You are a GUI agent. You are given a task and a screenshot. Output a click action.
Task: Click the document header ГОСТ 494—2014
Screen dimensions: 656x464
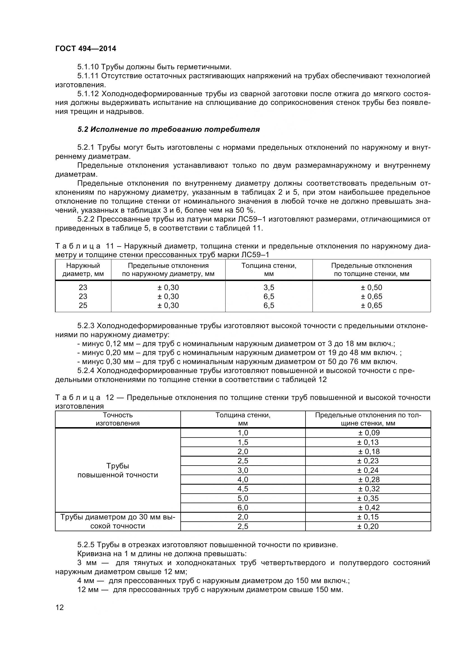(86, 49)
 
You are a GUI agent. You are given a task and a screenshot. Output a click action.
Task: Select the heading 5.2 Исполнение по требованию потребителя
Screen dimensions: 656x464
(169, 129)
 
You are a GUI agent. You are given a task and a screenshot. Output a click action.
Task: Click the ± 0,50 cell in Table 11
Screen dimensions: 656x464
(371, 287)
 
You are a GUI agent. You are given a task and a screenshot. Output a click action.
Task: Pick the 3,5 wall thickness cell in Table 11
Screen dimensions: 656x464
(268, 287)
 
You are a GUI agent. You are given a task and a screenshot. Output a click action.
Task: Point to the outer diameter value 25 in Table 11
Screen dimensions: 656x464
(83, 305)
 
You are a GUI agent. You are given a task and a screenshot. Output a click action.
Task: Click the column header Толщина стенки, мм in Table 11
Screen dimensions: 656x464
(268, 270)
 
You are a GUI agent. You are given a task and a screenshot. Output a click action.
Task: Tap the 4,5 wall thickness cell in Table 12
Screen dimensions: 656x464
(243, 489)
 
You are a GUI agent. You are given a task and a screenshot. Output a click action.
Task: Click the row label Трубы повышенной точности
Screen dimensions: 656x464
(118, 470)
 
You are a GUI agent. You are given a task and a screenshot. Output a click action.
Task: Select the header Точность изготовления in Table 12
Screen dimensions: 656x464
(118, 419)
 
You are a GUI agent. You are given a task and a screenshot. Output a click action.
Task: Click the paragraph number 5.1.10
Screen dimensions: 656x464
(88, 67)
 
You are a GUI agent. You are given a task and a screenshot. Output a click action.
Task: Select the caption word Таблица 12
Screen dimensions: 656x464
(84, 397)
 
